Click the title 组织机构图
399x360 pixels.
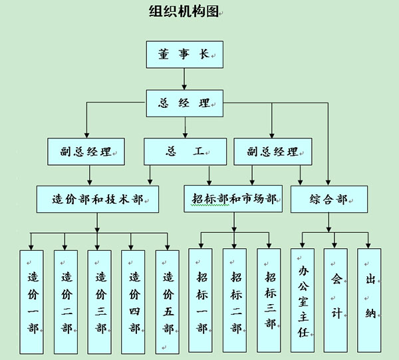click(183, 11)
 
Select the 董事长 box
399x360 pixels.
click(184, 55)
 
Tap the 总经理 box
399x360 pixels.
click(184, 103)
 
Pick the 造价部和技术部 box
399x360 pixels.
click(97, 199)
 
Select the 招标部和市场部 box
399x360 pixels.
click(233, 199)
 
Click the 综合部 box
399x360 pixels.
click(329, 199)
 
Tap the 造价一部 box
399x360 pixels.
click(32, 301)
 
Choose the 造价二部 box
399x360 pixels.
click(66, 301)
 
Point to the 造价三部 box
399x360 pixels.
click(100, 301)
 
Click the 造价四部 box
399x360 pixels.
click(134, 301)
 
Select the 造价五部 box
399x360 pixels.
click(168, 301)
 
